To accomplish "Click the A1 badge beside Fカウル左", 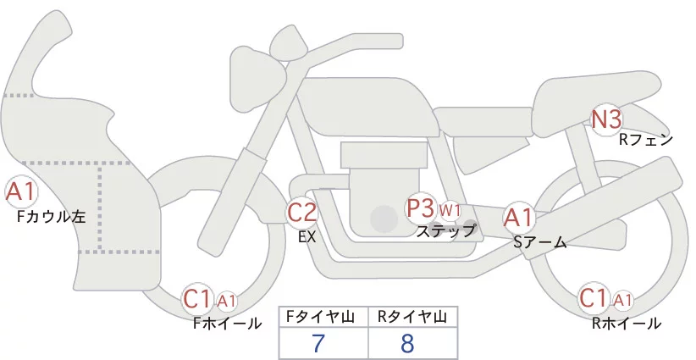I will tap(19, 192).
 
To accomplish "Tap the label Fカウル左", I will tap(51, 216).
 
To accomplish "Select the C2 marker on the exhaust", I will tap(301, 212).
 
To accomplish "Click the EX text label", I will tap(307, 237).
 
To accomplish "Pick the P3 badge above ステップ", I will tap(420, 208).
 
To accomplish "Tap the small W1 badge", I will tap(450, 210).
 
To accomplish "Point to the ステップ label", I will tap(445, 230).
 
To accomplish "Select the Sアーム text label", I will tap(539, 242).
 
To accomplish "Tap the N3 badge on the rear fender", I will tap(606, 119).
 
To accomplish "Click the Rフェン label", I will tap(646, 140).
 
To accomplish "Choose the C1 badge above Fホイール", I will tap(198, 298).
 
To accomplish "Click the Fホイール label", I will tap(228, 323).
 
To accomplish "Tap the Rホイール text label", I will tap(627, 323).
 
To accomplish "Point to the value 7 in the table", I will tap(318, 343).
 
